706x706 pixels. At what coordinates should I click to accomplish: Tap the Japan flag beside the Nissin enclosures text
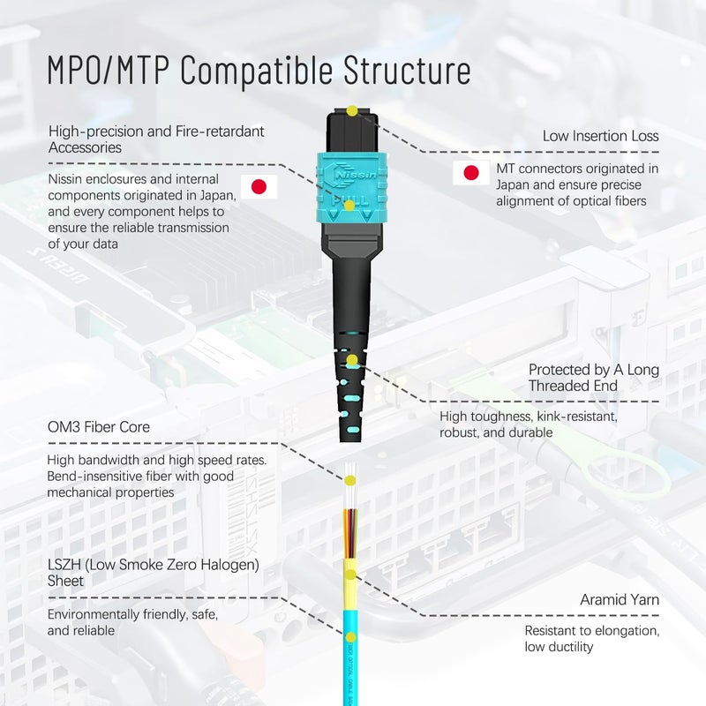[259, 186]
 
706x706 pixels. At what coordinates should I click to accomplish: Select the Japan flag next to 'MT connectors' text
[471, 173]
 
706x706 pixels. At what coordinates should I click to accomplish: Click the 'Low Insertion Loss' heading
[600, 136]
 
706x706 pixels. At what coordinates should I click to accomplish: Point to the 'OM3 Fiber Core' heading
[99, 427]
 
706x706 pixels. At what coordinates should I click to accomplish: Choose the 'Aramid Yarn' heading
[620, 600]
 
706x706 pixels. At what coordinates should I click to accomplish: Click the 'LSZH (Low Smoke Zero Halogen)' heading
[146, 564]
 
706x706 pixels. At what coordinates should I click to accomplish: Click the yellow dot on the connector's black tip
[352, 110]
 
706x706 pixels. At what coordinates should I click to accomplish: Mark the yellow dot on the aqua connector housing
[350, 205]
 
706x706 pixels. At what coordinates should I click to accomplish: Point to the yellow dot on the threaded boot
[352, 360]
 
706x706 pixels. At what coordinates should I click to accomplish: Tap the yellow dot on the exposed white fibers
[350, 481]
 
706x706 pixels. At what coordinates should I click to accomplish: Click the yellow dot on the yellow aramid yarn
[350, 575]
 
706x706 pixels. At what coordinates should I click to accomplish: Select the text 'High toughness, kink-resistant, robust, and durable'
[528, 424]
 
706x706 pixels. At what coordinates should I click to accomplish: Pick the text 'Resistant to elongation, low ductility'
[591, 639]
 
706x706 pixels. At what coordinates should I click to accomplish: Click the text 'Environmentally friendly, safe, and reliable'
[132, 622]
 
